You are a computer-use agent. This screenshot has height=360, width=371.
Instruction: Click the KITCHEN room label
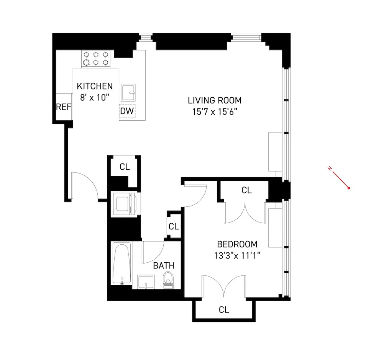(95, 86)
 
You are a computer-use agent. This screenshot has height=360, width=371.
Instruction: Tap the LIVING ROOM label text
(214, 101)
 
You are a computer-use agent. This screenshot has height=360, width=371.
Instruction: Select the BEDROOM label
(237, 244)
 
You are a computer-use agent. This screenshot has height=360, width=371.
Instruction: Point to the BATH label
(164, 265)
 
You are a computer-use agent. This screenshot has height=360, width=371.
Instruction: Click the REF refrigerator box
(64, 107)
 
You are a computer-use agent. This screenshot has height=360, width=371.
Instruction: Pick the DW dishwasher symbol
(127, 111)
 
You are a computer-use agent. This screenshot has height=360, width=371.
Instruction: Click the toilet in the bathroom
(168, 279)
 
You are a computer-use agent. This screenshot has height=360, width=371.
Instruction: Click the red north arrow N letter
(329, 169)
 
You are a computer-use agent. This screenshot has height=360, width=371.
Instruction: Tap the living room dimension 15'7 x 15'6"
(214, 112)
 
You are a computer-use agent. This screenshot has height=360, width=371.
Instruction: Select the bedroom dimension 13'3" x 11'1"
(237, 255)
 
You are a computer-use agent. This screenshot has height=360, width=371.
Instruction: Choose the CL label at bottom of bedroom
(224, 310)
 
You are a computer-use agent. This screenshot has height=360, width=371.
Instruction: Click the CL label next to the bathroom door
(174, 226)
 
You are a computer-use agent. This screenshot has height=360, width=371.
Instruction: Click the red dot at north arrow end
(349, 188)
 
